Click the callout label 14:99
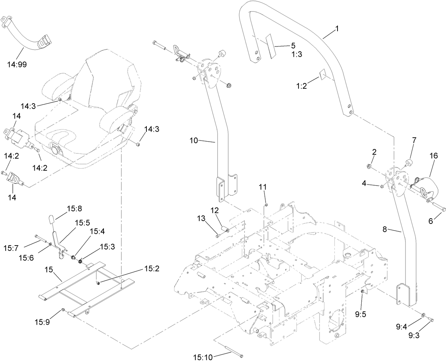pyautogui.click(x=17, y=65)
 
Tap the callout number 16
pyautogui.click(x=434, y=156)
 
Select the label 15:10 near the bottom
pyautogui.click(x=204, y=356)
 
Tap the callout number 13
pyautogui.click(x=201, y=229)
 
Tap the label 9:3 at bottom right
pyautogui.click(x=413, y=335)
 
